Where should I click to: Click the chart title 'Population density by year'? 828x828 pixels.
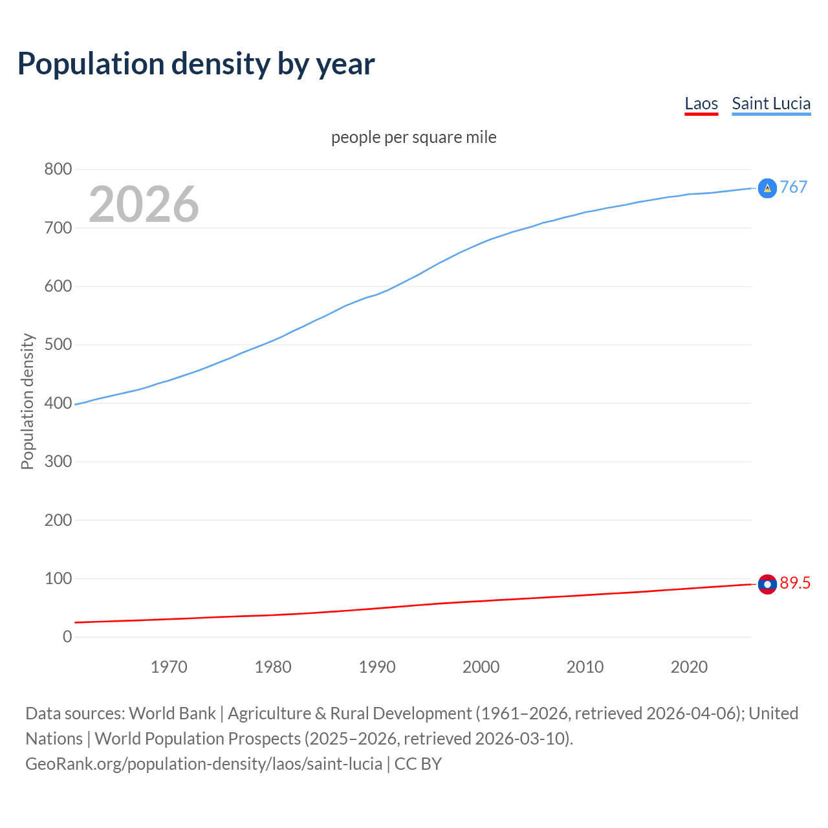(x=196, y=64)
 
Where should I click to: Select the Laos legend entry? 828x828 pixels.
(x=701, y=103)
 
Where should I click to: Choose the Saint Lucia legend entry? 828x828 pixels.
(x=771, y=103)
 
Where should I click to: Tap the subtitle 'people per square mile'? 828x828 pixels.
(x=414, y=137)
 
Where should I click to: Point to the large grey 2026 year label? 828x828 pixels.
(x=144, y=204)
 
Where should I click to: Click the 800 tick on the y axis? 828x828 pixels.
(x=58, y=169)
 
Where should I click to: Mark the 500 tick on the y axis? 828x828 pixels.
(x=58, y=345)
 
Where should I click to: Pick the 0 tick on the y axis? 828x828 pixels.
(x=67, y=637)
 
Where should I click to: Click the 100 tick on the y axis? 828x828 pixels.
(x=58, y=578)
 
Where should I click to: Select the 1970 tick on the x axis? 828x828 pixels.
(x=169, y=667)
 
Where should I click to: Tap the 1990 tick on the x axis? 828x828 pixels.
(x=377, y=667)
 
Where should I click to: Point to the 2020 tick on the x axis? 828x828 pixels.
(x=689, y=667)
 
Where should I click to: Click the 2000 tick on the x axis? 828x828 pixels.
(x=481, y=667)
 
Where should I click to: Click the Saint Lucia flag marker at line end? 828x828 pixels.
(x=767, y=188)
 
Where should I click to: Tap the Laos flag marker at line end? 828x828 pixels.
(x=767, y=584)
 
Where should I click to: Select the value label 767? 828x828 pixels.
(x=794, y=188)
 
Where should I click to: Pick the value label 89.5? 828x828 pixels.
(x=795, y=583)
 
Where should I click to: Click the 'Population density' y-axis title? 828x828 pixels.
(x=27, y=401)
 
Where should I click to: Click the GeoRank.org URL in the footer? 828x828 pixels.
(x=204, y=764)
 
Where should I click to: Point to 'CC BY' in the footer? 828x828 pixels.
(x=418, y=764)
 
